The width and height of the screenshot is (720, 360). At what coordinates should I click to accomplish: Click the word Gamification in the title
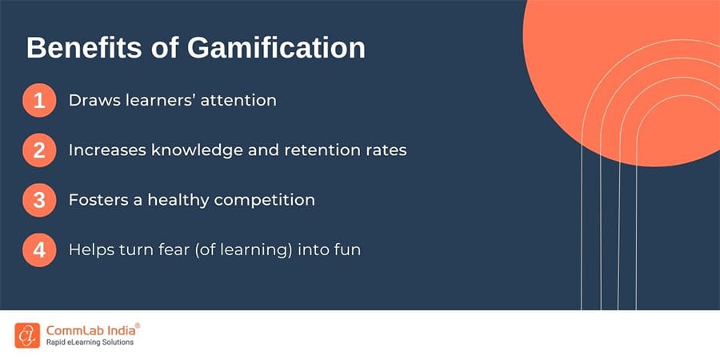click(276, 48)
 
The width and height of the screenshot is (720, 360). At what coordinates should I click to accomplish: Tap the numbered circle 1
click(39, 102)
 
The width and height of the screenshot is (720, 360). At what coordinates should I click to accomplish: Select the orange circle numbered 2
click(39, 150)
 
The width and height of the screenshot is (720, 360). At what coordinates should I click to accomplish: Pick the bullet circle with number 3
click(39, 200)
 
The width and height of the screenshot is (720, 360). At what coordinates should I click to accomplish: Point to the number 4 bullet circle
click(39, 250)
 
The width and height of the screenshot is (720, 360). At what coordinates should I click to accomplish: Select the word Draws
click(93, 101)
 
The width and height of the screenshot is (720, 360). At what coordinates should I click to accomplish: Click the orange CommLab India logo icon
click(26, 335)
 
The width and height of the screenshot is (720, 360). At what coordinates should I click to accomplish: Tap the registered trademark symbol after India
click(137, 325)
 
